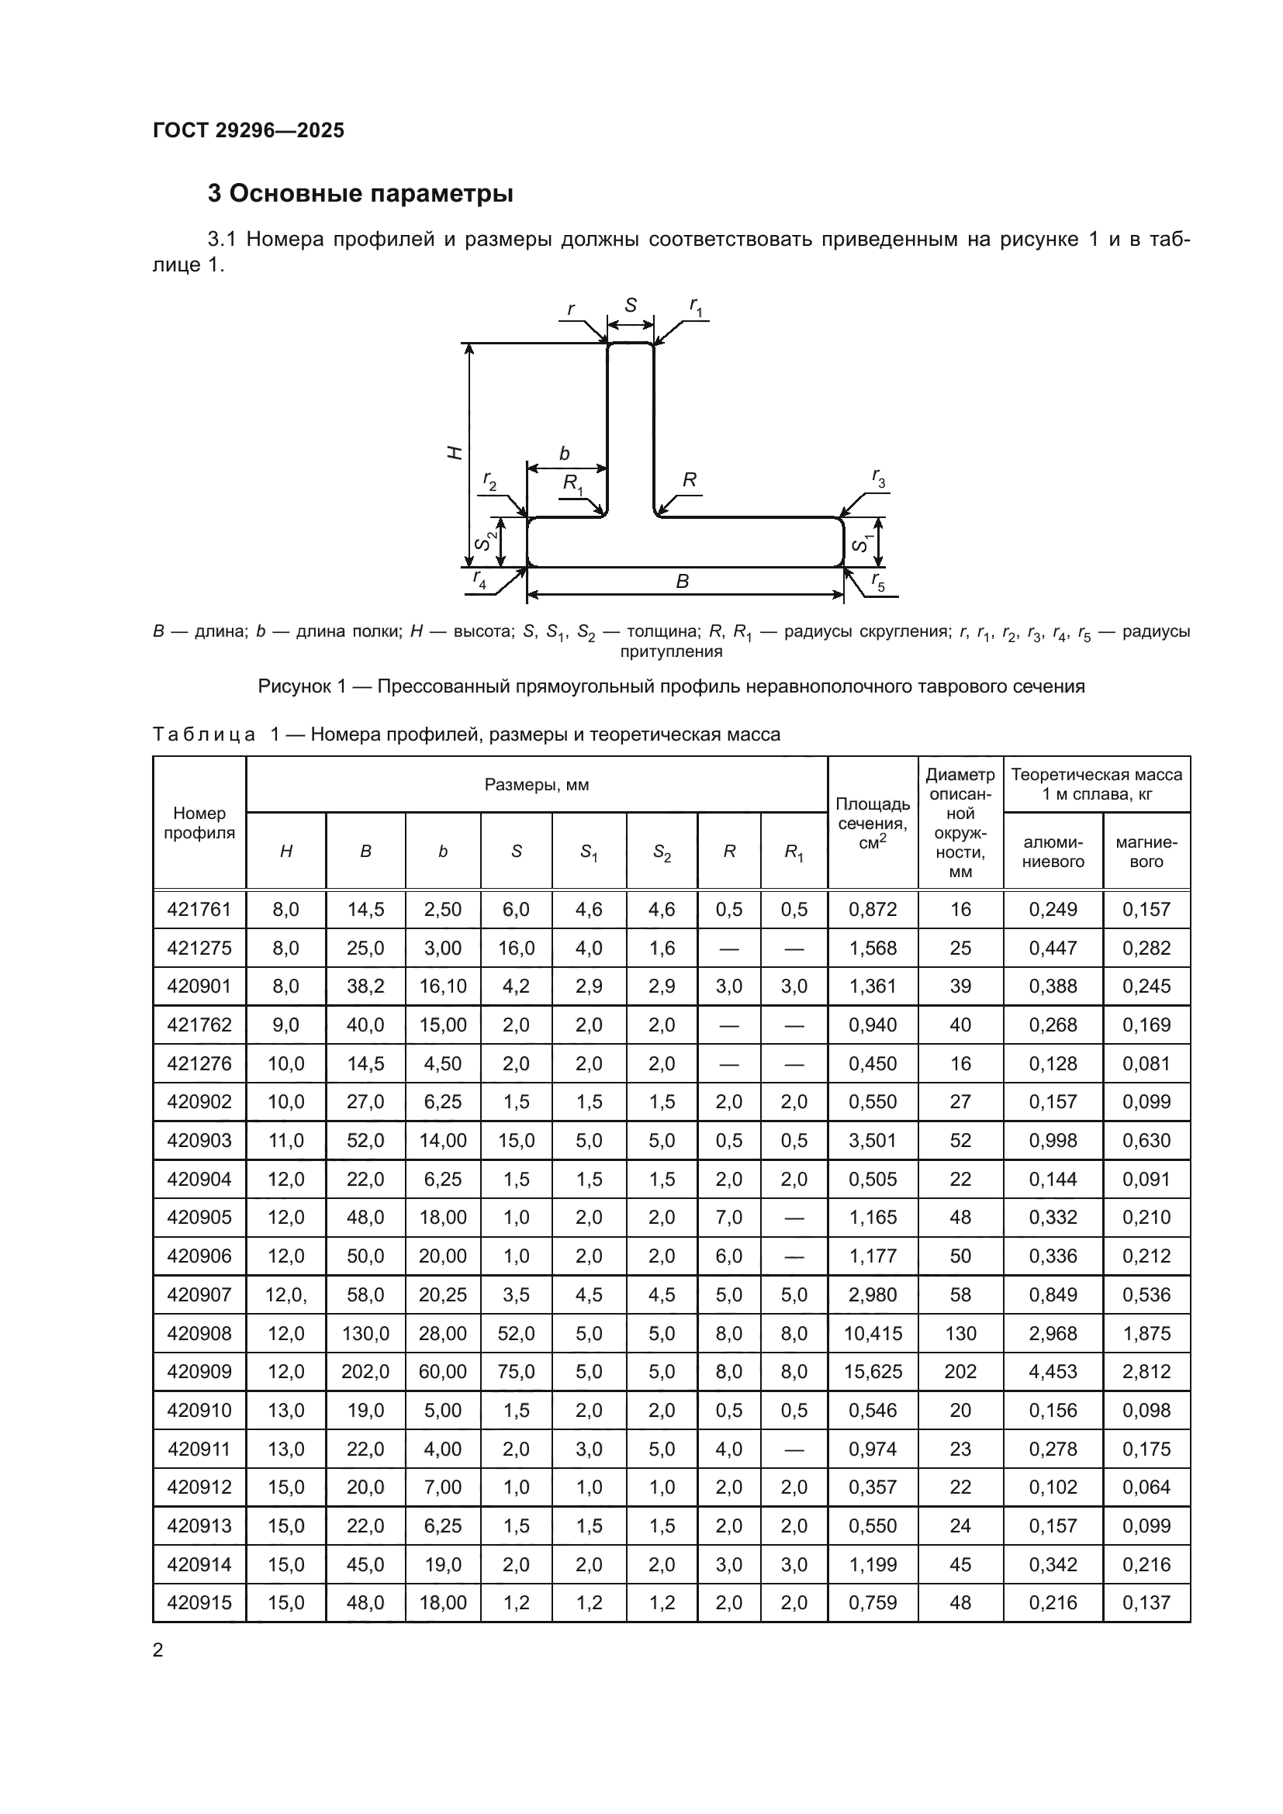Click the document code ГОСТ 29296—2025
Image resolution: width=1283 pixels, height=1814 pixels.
(x=248, y=130)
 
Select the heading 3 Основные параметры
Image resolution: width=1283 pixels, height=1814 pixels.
(x=360, y=194)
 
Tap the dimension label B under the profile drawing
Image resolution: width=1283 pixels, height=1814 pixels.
(x=683, y=582)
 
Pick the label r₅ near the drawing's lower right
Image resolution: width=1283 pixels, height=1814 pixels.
(x=879, y=582)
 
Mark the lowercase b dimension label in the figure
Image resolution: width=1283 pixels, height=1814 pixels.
(x=564, y=454)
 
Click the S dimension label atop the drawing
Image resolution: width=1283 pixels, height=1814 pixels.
(x=631, y=306)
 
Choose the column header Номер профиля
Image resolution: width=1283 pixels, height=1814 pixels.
(x=199, y=822)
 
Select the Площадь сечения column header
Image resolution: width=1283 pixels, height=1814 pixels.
(x=872, y=822)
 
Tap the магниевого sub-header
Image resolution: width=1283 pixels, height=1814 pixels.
(x=1146, y=852)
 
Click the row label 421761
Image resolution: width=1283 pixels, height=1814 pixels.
(x=199, y=910)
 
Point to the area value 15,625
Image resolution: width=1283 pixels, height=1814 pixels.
(x=872, y=1372)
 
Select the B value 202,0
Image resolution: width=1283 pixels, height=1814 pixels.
(x=365, y=1372)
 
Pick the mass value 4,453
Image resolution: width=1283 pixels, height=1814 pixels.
(x=1053, y=1372)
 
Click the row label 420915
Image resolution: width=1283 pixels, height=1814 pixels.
(x=199, y=1602)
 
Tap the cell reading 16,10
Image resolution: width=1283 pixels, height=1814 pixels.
(x=442, y=986)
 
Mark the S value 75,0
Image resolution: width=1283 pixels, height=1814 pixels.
(x=516, y=1372)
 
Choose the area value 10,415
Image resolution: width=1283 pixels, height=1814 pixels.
(x=872, y=1334)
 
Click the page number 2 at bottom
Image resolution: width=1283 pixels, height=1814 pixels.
(x=158, y=1650)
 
